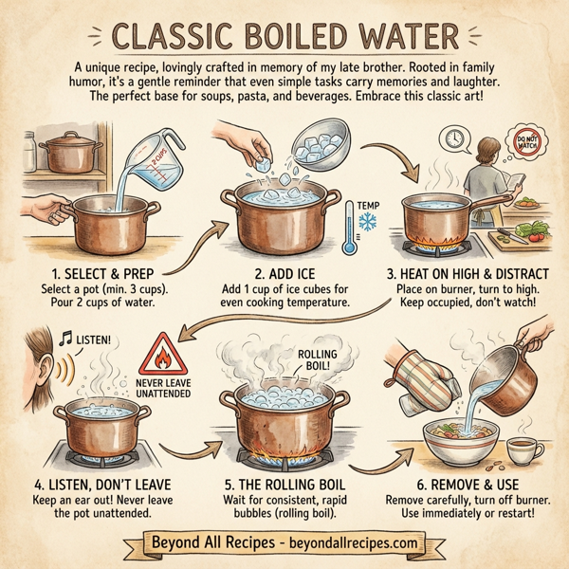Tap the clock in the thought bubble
[x=456, y=140]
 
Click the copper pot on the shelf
[x=68, y=154]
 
